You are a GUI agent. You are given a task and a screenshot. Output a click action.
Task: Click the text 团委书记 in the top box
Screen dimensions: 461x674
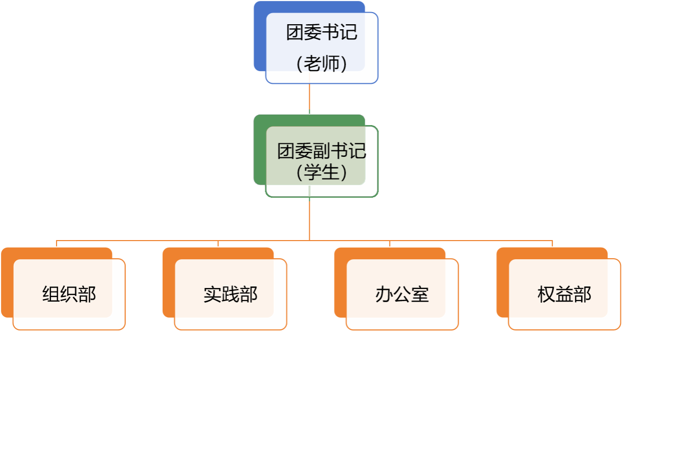(321, 33)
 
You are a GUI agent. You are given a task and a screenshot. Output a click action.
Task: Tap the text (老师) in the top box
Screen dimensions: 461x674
(321, 64)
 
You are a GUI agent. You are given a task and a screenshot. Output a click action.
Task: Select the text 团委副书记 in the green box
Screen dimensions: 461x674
(321, 151)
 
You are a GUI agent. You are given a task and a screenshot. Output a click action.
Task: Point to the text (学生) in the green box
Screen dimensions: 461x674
(321, 172)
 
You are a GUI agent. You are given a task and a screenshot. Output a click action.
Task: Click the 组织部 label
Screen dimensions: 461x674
(69, 295)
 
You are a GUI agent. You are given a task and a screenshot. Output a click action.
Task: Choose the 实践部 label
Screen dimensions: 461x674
(231, 295)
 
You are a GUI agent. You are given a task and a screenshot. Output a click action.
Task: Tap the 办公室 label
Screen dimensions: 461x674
(402, 295)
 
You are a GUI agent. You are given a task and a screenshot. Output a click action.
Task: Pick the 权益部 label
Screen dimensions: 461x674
(564, 295)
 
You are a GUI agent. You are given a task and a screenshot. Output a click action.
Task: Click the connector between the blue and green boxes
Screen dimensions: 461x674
(309, 98)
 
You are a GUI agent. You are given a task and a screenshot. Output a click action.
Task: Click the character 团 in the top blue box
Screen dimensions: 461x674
(295, 33)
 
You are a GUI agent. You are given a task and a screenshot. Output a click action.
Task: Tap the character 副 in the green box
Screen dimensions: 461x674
(321, 151)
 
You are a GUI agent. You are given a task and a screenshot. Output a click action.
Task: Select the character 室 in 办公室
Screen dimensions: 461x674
(420, 295)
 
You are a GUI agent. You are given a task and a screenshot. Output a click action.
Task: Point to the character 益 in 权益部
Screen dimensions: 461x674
(564, 295)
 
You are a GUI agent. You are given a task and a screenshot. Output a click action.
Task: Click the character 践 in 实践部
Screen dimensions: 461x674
(231, 295)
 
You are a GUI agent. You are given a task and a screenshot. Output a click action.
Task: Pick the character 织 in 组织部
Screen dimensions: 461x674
(69, 295)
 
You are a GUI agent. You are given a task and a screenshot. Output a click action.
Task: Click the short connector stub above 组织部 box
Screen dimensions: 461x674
(56, 244)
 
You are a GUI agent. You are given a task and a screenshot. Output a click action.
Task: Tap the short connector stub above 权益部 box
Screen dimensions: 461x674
(552, 244)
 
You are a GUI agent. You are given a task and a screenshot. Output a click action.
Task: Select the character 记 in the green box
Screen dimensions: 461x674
(357, 151)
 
